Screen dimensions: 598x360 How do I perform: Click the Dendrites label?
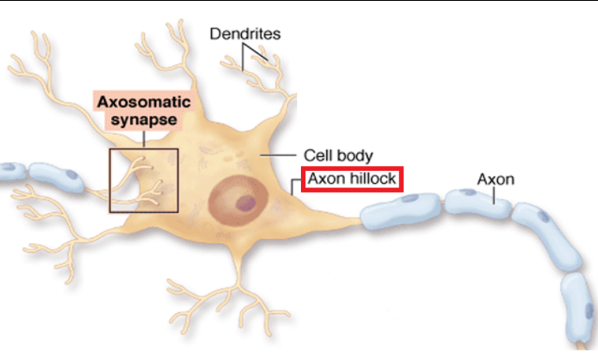coord(245,34)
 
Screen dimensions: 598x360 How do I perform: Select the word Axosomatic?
coord(144,102)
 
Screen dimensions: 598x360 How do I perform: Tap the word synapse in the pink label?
coord(144,120)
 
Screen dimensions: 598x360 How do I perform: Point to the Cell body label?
coord(338,155)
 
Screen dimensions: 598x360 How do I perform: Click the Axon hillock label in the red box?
coord(352,179)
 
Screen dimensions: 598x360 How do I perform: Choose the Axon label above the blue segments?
coord(496,179)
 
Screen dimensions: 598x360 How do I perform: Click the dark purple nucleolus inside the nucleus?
coord(246,202)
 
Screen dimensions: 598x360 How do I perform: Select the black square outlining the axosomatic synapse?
coord(144,181)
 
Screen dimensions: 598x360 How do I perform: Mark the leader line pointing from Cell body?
coord(278,155)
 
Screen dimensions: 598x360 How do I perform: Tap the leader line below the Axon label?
coord(494,196)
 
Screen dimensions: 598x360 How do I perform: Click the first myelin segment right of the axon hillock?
coord(400,211)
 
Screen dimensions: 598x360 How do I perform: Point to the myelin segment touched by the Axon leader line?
coord(478,203)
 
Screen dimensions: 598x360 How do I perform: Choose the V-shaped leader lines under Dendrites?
coord(255,57)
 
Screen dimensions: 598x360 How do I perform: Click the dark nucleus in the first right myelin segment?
coord(410,198)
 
